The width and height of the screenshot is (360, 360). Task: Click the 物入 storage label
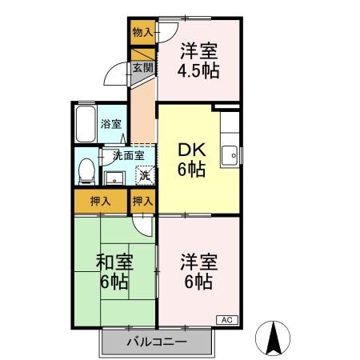142,33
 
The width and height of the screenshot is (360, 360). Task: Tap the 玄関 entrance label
142,68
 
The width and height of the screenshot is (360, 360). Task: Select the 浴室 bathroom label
112,123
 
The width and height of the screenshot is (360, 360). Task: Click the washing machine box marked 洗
144,175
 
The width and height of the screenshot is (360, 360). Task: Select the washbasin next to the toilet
114,177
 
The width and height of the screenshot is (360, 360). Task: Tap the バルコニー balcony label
158,342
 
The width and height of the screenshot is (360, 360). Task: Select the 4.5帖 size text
199,71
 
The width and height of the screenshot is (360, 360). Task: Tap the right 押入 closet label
142,202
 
